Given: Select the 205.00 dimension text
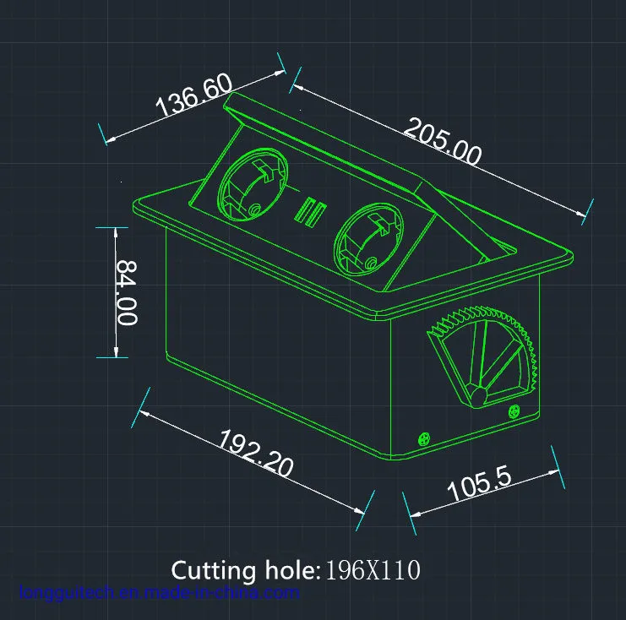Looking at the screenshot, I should pos(443,140).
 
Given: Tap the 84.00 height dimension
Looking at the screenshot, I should pos(127,291).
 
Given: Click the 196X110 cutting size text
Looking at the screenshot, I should pos(373,571).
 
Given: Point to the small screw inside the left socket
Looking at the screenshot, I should pos(253,209).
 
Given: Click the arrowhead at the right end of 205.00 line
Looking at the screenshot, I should pos(586,212).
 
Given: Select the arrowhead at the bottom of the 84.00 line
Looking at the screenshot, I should pos(114,356).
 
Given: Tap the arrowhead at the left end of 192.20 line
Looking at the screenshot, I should pos(140,411).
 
